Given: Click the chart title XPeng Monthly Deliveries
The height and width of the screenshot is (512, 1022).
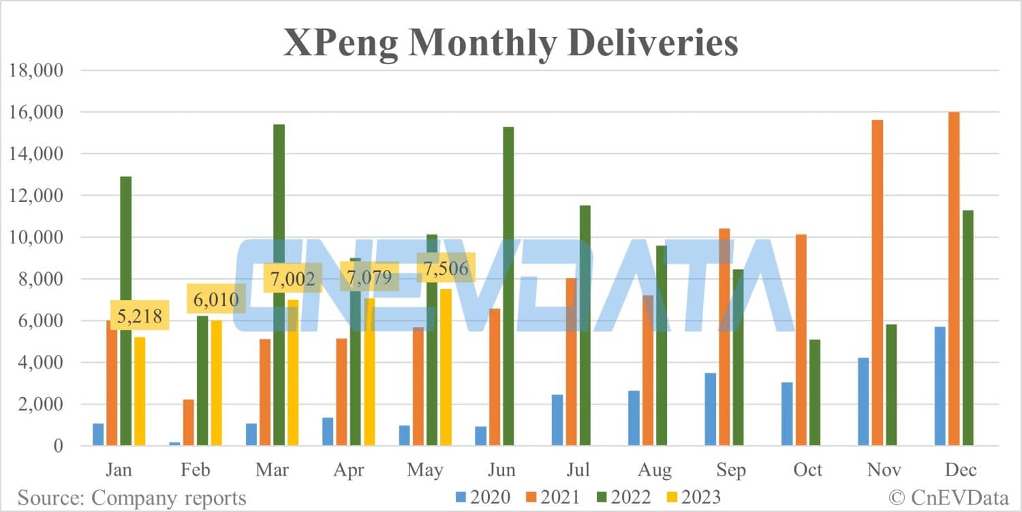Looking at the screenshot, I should click(510, 44).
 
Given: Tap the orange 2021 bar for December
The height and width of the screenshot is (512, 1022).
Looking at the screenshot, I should click(954, 279).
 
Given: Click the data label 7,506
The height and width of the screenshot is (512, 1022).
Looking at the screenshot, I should click(446, 268).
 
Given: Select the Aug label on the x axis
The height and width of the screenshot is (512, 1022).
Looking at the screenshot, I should click(655, 470).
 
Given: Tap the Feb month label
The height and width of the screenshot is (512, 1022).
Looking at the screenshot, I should click(196, 470).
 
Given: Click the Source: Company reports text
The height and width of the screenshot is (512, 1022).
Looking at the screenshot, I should click(131, 498).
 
